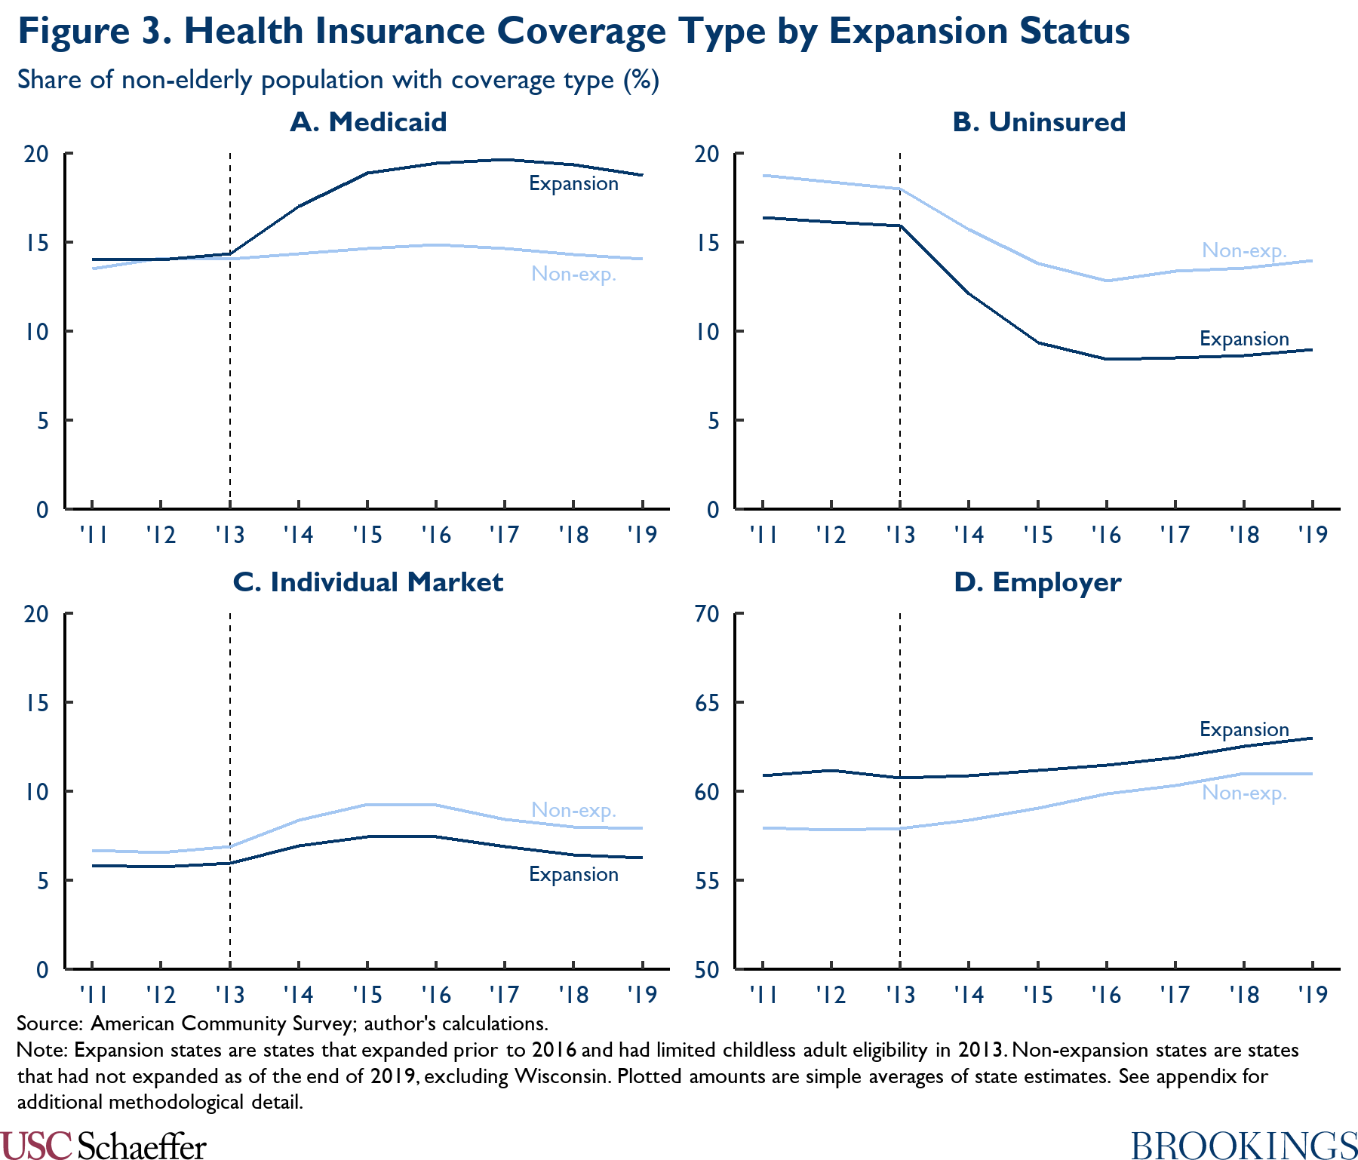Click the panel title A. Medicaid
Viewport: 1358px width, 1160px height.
(368, 122)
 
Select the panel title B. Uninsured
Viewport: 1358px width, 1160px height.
(1039, 122)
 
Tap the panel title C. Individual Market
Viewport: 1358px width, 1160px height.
(368, 582)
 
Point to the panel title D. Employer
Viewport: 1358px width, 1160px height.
(1037, 582)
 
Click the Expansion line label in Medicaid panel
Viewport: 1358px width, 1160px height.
(573, 184)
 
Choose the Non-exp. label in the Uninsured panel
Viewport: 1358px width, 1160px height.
(1243, 250)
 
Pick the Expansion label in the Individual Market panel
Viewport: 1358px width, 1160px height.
(573, 875)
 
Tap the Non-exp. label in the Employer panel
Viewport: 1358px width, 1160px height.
(1243, 793)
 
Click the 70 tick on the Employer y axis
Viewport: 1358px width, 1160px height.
(707, 614)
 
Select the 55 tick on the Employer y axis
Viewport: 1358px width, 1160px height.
(707, 881)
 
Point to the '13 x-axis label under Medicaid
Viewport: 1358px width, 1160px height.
(229, 536)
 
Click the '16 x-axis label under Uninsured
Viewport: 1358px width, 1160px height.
(1106, 536)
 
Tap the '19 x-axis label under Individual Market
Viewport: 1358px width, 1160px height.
(642, 996)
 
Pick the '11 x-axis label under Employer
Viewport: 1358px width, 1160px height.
(763, 996)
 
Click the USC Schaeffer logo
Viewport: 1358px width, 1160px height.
(103, 1146)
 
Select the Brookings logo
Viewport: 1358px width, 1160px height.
(1244, 1146)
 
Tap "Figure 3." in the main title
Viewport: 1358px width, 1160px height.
(95, 32)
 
